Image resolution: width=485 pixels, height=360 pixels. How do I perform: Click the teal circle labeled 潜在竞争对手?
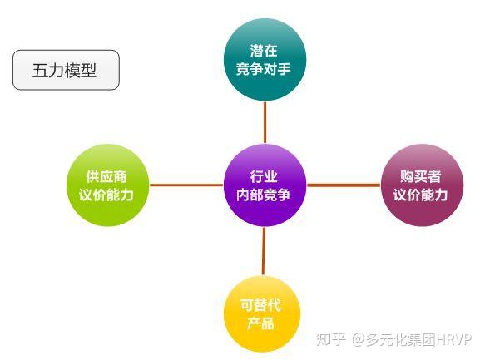[x=265, y=59]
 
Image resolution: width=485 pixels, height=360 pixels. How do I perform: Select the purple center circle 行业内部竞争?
[x=265, y=185]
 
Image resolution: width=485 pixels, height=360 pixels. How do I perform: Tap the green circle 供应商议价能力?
[x=108, y=185]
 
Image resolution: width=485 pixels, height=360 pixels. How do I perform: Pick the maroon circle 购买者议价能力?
[x=422, y=185]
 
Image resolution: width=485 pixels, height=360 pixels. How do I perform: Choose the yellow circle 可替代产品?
[x=262, y=314]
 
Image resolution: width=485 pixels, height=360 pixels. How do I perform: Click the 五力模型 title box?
[x=66, y=70]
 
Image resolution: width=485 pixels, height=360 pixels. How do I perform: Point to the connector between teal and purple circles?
[x=265, y=122]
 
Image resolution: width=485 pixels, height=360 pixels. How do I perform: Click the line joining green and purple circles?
[x=186, y=185]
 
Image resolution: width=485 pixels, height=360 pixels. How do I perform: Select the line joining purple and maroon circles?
[x=344, y=185]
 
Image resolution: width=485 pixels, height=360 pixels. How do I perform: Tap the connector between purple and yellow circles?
[x=264, y=251]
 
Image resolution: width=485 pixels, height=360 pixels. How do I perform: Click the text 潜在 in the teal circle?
[x=264, y=51]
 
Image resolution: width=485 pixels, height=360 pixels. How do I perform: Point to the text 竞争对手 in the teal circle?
[x=264, y=69]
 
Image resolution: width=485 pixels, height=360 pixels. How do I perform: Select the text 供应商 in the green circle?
[x=106, y=177]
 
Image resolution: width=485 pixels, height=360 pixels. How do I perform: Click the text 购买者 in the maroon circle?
[x=420, y=177]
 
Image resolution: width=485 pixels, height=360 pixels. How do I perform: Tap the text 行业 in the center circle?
[x=264, y=177]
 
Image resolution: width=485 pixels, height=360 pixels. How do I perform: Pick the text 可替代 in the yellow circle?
[x=260, y=305]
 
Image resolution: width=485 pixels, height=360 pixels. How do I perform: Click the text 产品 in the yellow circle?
[x=260, y=323]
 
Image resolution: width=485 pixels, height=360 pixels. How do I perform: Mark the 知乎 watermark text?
[x=330, y=339]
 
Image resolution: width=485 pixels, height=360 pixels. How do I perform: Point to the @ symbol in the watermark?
[x=359, y=339]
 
